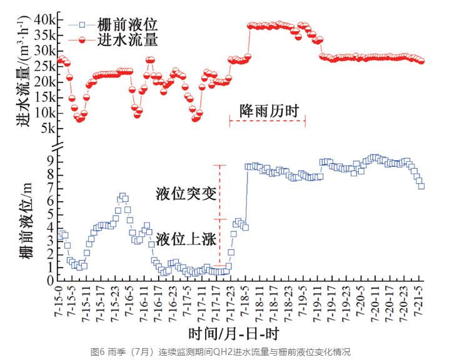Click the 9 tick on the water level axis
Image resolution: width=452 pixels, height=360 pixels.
click(x=51, y=161)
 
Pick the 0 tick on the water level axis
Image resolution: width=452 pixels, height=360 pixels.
click(x=51, y=281)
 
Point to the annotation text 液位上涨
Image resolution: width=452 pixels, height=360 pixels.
click(x=186, y=238)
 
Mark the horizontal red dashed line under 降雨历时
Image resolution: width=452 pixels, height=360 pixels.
click(x=267, y=121)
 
